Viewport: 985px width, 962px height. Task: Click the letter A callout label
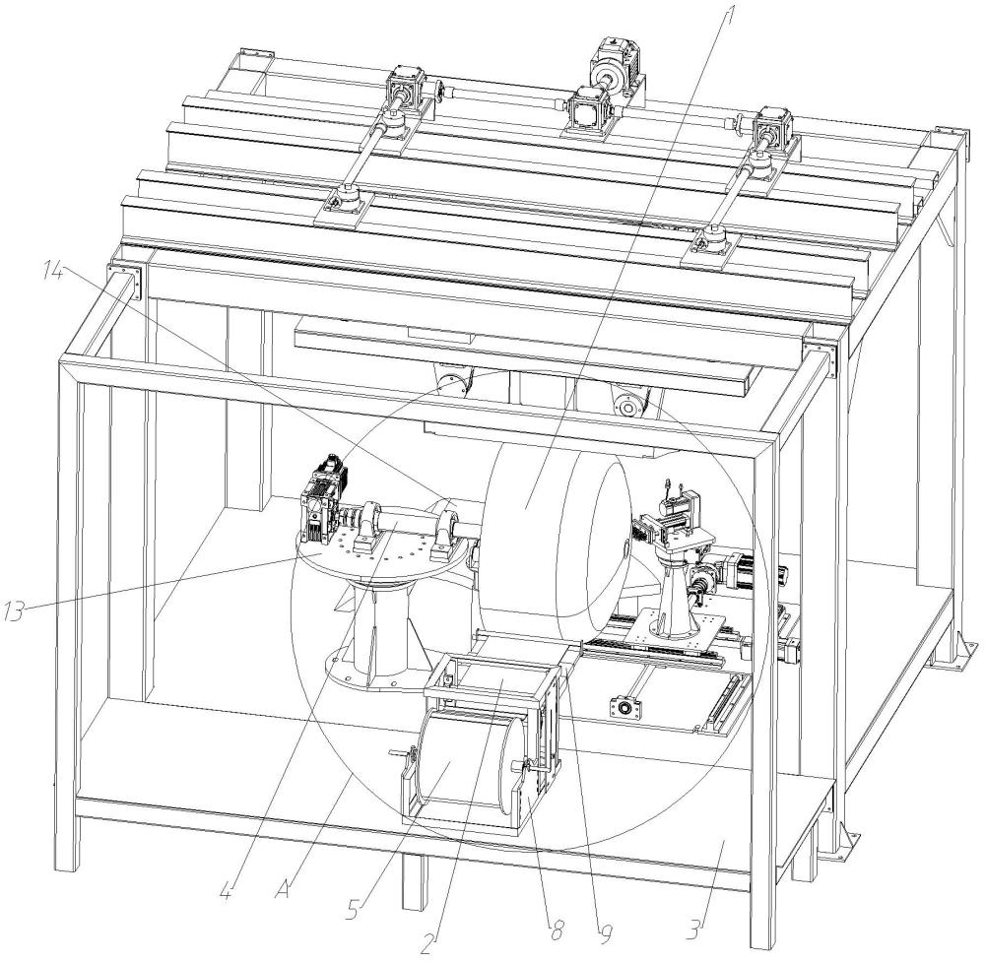[x=282, y=888]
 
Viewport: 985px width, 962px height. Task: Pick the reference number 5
[x=357, y=909]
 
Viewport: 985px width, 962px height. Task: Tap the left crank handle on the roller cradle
[x=402, y=753]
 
